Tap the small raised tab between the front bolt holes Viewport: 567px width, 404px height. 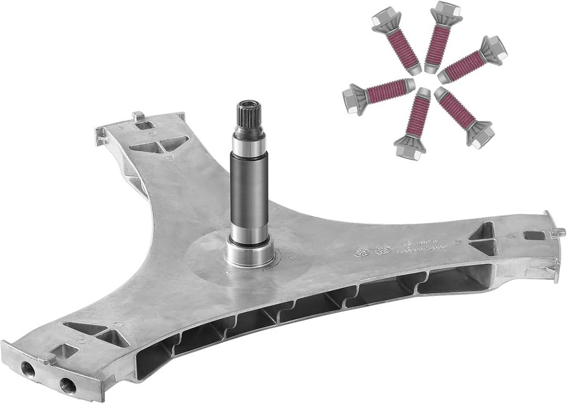47,358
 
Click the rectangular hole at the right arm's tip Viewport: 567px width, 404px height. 534,235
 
